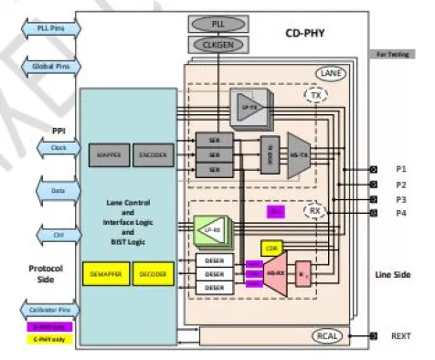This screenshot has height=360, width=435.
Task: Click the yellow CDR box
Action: pyautogui.click(x=271, y=247)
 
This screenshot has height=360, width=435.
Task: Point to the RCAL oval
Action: pyautogui.click(x=329, y=336)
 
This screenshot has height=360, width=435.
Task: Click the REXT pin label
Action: pyautogui.click(x=399, y=336)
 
